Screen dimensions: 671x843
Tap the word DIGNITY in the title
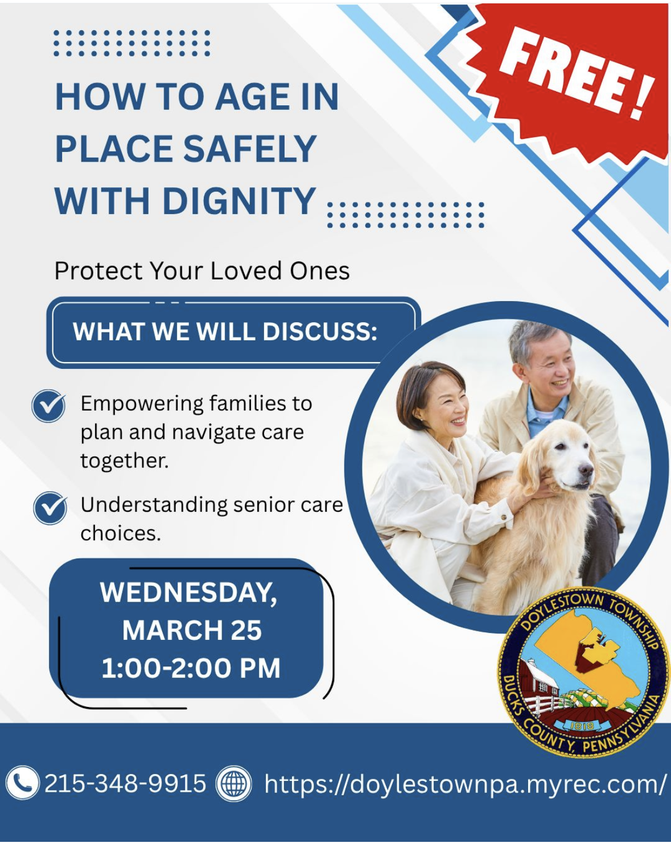point(239,200)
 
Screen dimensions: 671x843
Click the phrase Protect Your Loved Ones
point(201,271)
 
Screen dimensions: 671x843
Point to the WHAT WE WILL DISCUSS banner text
point(225,331)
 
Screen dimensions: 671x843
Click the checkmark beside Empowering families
point(48,406)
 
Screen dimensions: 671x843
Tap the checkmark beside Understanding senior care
point(50,508)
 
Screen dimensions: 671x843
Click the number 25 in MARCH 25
point(246,630)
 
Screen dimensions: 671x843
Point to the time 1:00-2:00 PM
point(191,668)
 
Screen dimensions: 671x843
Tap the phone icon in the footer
point(22,783)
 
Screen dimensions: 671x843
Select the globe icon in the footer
point(234,783)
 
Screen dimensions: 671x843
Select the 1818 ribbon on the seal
point(582,726)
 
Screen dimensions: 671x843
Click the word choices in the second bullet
point(121,533)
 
